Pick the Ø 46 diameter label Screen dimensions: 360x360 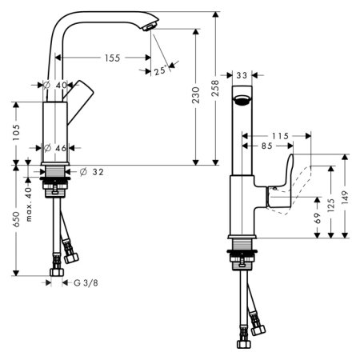tap(54, 148)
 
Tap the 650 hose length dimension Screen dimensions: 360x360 tap(16, 220)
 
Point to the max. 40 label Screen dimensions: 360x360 tap(30, 207)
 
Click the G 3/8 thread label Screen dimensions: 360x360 tap(88, 282)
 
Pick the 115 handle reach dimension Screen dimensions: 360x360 tap(280, 136)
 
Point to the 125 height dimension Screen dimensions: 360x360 tap(329, 204)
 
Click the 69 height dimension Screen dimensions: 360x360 tap(318, 218)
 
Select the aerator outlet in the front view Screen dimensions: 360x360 tap(242, 101)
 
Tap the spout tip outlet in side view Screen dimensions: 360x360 tap(148, 29)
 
